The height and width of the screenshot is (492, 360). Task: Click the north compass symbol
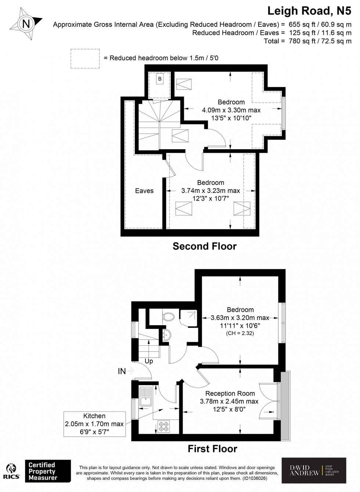tap(26, 24)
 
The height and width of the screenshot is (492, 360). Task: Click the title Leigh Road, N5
tap(309, 11)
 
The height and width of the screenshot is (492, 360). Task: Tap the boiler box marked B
tap(160, 79)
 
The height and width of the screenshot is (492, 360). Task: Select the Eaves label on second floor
tap(144, 191)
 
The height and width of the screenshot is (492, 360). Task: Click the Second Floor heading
tap(205, 246)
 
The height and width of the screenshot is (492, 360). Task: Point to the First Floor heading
tap(212, 449)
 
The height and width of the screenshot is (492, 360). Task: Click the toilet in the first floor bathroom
tap(169, 316)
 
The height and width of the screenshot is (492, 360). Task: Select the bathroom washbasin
tap(166, 334)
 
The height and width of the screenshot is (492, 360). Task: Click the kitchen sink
tap(146, 395)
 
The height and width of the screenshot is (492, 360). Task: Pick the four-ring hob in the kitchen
tap(163, 426)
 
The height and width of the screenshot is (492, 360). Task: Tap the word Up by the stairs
tap(149, 361)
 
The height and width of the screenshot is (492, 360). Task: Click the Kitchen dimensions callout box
tap(94, 424)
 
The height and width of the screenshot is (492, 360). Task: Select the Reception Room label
tap(230, 394)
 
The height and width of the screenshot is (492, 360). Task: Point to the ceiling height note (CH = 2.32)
tap(240, 333)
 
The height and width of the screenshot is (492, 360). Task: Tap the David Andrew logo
tap(314, 470)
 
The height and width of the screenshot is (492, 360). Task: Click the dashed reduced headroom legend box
tap(85, 58)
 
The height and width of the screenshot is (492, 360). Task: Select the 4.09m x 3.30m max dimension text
tap(231, 110)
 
